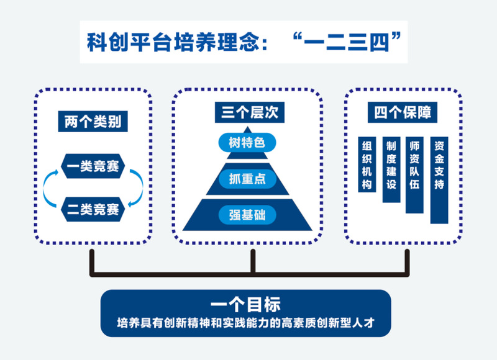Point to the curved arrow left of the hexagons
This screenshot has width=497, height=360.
tap(47, 188)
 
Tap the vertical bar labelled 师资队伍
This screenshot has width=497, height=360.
tap(414, 174)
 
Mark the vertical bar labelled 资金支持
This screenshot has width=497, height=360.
tap(439, 179)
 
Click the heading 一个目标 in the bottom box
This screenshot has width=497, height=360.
tap(245, 305)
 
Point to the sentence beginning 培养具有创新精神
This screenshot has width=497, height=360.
tap(245, 323)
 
